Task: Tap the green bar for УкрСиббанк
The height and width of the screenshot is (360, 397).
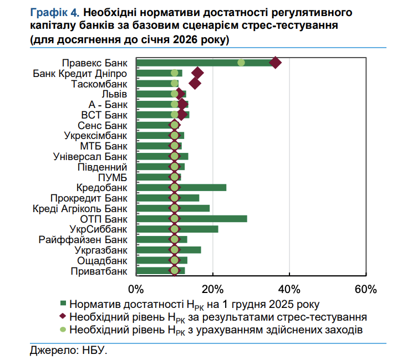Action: pyautogui.click(x=200, y=229)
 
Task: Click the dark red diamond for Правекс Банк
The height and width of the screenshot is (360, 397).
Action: pyautogui.click(x=275, y=63)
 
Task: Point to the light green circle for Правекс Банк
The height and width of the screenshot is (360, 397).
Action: pyautogui.click(x=241, y=63)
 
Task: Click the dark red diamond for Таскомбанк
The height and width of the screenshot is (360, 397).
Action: pyautogui.click(x=195, y=83)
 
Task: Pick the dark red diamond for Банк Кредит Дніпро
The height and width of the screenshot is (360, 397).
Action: pyautogui.click(x=197, y=73)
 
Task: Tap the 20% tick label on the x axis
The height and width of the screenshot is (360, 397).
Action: pyautogui.click(x=212, y=289)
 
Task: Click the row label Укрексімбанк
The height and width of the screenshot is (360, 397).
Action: pyautogui.click(x=95, y=135)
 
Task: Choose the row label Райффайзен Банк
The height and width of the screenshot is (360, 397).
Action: pyautogui.click(x=83, y=239)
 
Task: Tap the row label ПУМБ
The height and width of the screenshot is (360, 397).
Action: pyautogui.click(x=113, y=177)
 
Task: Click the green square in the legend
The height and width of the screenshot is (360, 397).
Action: pyautogui.click(x=63, y=304)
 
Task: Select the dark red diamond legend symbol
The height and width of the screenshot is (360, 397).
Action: pyautogui.click(x=63, y=317)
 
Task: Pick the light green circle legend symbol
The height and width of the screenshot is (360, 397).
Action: pyautogui.click(x=63, y=330)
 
